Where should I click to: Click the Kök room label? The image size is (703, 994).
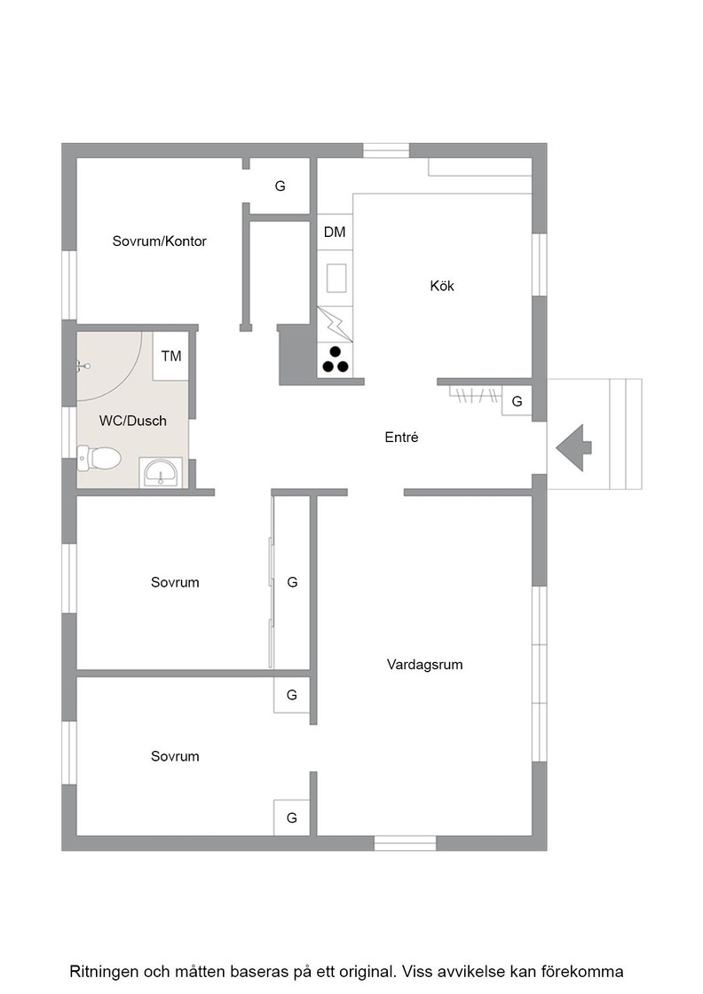pyautogui.click(x=442, y=286)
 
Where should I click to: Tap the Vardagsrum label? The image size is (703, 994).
pyautogui.click(x=424, y=665)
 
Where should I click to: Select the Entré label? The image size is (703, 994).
pyautogui.click(x=401, y=437)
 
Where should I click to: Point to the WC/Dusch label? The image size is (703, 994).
pyautogui.click(x=132, y=421)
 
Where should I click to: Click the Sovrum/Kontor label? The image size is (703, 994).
pyautogui.click(x=159, y=241)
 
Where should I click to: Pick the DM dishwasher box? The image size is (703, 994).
pyautogui.click(x=335, y=232)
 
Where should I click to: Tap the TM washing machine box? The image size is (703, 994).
pyautogui.click(x=171, y=356)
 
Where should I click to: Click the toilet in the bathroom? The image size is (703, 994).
pyautogui.click(x=99, y=458)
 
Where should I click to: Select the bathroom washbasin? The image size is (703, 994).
pyautogui.click(x=161, y=472)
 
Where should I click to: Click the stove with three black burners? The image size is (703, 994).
pyautogui.click(x=335, y=359)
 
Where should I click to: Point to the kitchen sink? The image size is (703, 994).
pyautogui.click(x=336, y=279)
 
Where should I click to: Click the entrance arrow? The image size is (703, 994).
pyautogui.click(x=573, y=448)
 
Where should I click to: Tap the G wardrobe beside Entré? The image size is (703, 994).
pyautogui.click(x=517, y=401)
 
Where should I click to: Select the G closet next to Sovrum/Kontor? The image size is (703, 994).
pyautogui.click(x=280, y=186)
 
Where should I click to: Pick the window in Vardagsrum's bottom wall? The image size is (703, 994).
pyautogui.click(x=405, y=843)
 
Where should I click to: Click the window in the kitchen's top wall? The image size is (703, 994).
pyautogui.click(x=386, y=150)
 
